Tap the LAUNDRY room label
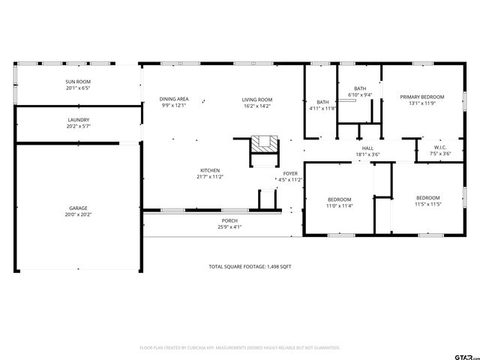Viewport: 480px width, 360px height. [79, 120]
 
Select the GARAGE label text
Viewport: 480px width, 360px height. [79, 208]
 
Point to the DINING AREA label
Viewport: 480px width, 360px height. [173, 99]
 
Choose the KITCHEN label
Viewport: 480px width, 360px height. [210, 170]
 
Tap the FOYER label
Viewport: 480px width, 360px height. [289, 173]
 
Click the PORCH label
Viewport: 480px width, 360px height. [229, 220]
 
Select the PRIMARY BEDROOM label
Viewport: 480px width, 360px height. [421, 97]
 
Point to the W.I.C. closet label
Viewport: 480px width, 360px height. [440, 147]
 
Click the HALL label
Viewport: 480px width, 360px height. [367, 148]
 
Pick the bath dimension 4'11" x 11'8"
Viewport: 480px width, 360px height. [322, 109]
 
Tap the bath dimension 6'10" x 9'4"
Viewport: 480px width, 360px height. [360, 95]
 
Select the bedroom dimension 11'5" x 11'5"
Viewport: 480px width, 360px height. [427, 204]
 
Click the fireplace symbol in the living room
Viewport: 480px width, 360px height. [262, 143]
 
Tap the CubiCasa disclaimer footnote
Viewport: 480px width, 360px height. [240, 348]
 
